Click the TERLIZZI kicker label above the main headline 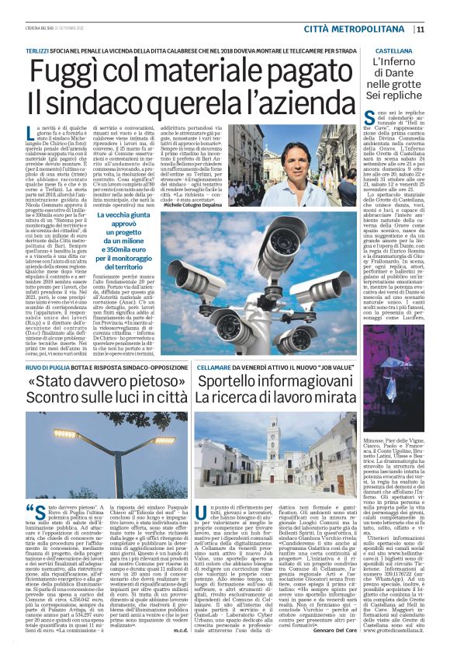(42, 49)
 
